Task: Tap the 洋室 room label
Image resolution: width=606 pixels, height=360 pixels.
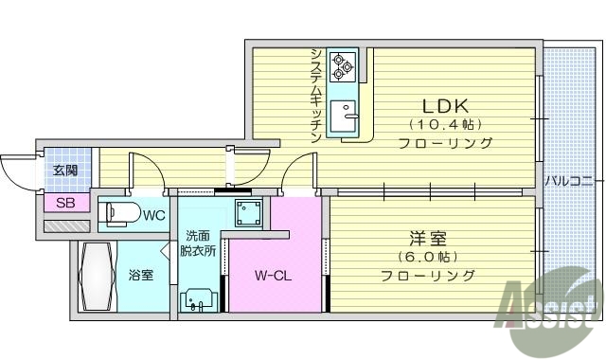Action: point(427,237)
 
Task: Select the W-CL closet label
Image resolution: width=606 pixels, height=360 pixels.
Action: point(271,277)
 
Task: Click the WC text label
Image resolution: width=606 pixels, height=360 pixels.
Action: point(153,215)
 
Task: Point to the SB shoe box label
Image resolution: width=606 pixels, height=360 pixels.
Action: point(65,203)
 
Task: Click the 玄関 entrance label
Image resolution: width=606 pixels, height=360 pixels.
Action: point(65,171)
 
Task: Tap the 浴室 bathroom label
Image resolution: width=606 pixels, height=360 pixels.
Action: point(141,276)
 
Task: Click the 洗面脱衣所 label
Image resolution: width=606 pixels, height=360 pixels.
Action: point(200,243)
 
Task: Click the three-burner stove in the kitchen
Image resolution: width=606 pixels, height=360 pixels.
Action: point(341,65)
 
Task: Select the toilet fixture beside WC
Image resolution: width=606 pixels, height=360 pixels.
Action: point(116,214)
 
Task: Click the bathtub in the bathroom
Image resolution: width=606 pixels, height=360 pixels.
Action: point(97,279)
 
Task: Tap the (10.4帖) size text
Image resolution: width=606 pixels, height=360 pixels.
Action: point(444,124)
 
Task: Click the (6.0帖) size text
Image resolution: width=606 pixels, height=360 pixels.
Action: point(427,257)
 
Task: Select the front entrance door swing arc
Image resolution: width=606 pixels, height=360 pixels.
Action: point(16,171)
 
